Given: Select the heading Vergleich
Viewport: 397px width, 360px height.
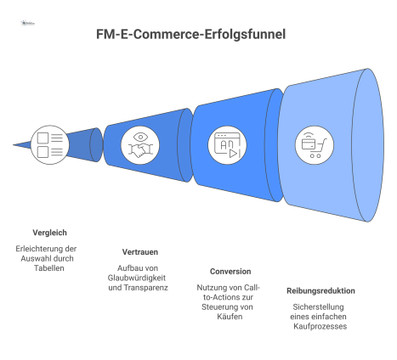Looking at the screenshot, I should tap(49, 232).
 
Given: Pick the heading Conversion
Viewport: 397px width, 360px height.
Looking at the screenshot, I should tap(230, 272).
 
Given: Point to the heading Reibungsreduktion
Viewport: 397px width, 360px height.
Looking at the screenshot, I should tap(320, 290).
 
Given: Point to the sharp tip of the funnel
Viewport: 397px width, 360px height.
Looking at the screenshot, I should tap(14, 145).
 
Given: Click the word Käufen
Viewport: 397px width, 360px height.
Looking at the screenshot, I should tap(230, 316).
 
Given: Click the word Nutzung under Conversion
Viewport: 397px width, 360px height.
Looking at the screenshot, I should tap(213, 286).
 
